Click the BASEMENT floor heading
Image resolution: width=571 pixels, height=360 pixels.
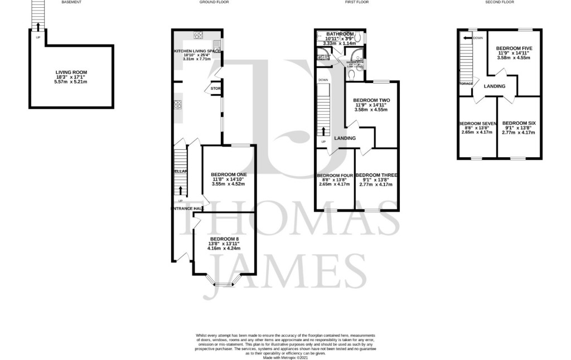(71, 2)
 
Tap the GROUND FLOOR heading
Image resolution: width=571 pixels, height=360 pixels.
(214, 2)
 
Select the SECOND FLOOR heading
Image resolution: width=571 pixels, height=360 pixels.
(499, 2)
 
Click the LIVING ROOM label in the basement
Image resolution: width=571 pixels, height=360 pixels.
(71, 72)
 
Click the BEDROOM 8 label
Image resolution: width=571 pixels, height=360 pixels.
(224, 239)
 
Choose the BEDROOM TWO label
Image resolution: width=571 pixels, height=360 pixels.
(371, 100)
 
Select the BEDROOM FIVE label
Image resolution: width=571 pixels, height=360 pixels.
(514, 48)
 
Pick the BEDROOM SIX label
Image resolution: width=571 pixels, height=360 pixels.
(519, 123)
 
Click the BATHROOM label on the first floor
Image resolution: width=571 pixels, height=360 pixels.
(340, 34)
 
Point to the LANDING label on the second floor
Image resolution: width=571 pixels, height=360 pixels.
(495, 86)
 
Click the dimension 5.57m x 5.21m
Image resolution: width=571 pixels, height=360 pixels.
(71, 82)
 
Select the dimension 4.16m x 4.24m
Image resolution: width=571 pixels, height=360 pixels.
(224, 249)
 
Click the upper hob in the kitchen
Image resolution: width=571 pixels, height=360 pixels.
(198, 35)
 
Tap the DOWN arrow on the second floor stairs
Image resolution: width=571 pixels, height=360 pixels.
(464, 38)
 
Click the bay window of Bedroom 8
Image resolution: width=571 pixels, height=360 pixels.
(224, 284)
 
